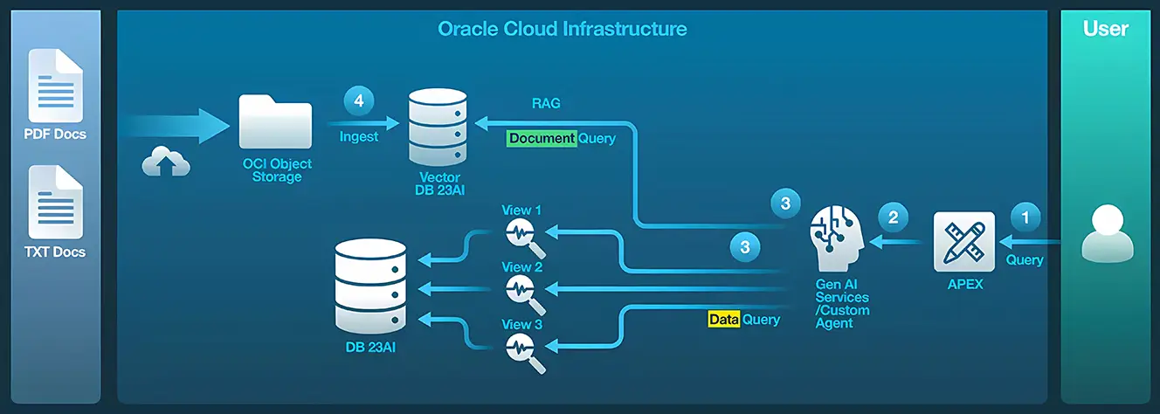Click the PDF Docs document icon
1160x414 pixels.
(x=55, y=86)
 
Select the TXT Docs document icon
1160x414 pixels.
(x=55, y=202)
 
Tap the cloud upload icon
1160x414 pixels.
(x=166, y=162)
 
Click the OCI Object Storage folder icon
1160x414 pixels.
(x=275, y=122)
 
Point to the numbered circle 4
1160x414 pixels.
(x=358, y=100)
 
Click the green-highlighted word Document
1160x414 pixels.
(x=542, y=138)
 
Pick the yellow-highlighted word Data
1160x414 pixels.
(x=723, y=320)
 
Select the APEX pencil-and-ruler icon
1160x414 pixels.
(x=963, y=241)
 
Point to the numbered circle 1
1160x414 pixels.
(x=1026, y=216)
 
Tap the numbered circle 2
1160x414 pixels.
(x=893, y=217)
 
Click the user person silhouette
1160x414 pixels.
(x=1106, y=232)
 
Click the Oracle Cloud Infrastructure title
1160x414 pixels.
(x=562, y=29)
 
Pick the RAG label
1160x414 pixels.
(x=546, y=103)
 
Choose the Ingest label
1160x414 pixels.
(x=359, y=136)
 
